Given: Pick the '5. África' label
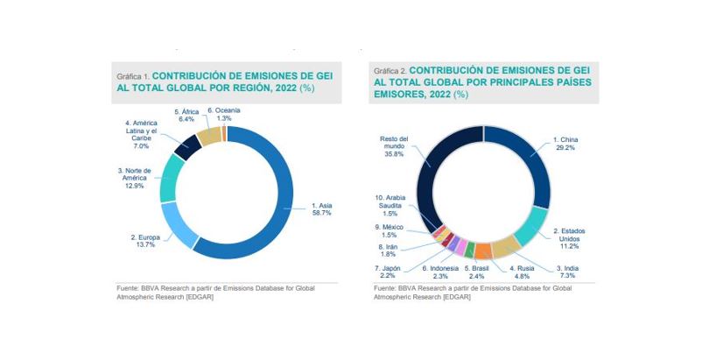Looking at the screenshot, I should pyautogui.click(x=187, y=116).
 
